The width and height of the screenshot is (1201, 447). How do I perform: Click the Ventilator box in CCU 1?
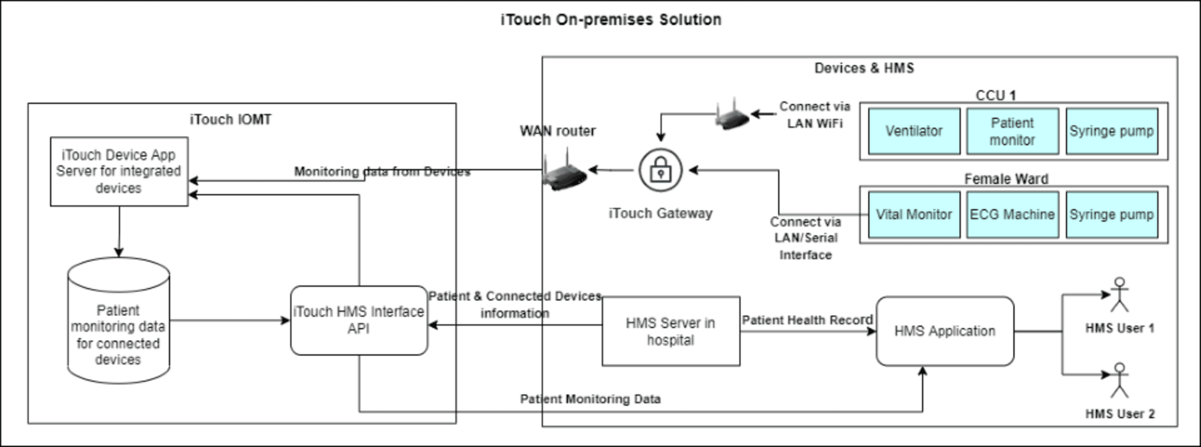pyautogui.click(x=913, y=131)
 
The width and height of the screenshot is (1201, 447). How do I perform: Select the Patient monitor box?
pyautogui.click(x=1012, y=131)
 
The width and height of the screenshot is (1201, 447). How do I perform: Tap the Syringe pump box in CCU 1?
pyautogui.click(x=1112, y=131)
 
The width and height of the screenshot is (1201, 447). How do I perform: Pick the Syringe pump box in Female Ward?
pyautogui.click(x=1112, y=215)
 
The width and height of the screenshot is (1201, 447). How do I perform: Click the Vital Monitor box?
pyautogui.click(x=913, y=215)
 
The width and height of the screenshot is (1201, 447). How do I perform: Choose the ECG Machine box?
pyautogui.click(x=1012, y=215)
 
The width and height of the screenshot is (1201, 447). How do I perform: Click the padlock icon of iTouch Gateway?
pyautogui.click(x=661, y=170)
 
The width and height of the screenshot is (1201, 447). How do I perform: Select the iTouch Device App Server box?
pyautogui.click(x=119, y=172)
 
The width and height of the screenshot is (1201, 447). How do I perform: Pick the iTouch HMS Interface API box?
pyautogui.click(x=359, y=321)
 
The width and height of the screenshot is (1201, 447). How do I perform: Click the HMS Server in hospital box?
pyautogui.click(x=671, y=331)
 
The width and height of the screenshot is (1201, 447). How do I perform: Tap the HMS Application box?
pyautogui.click(x=945, y=331)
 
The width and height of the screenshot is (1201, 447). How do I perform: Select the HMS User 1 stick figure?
pyautogui.click(x=1120, y=295)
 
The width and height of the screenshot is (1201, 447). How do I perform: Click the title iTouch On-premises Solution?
pyautogui.click(x=611, y=20)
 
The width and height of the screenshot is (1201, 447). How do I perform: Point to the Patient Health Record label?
pyautogui.click(x=807, y=320)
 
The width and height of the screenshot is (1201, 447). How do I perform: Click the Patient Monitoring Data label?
pyautogui.click(x=590, y=399)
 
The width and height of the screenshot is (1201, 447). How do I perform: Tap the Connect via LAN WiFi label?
pyautogui.click(x=814, y=115)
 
